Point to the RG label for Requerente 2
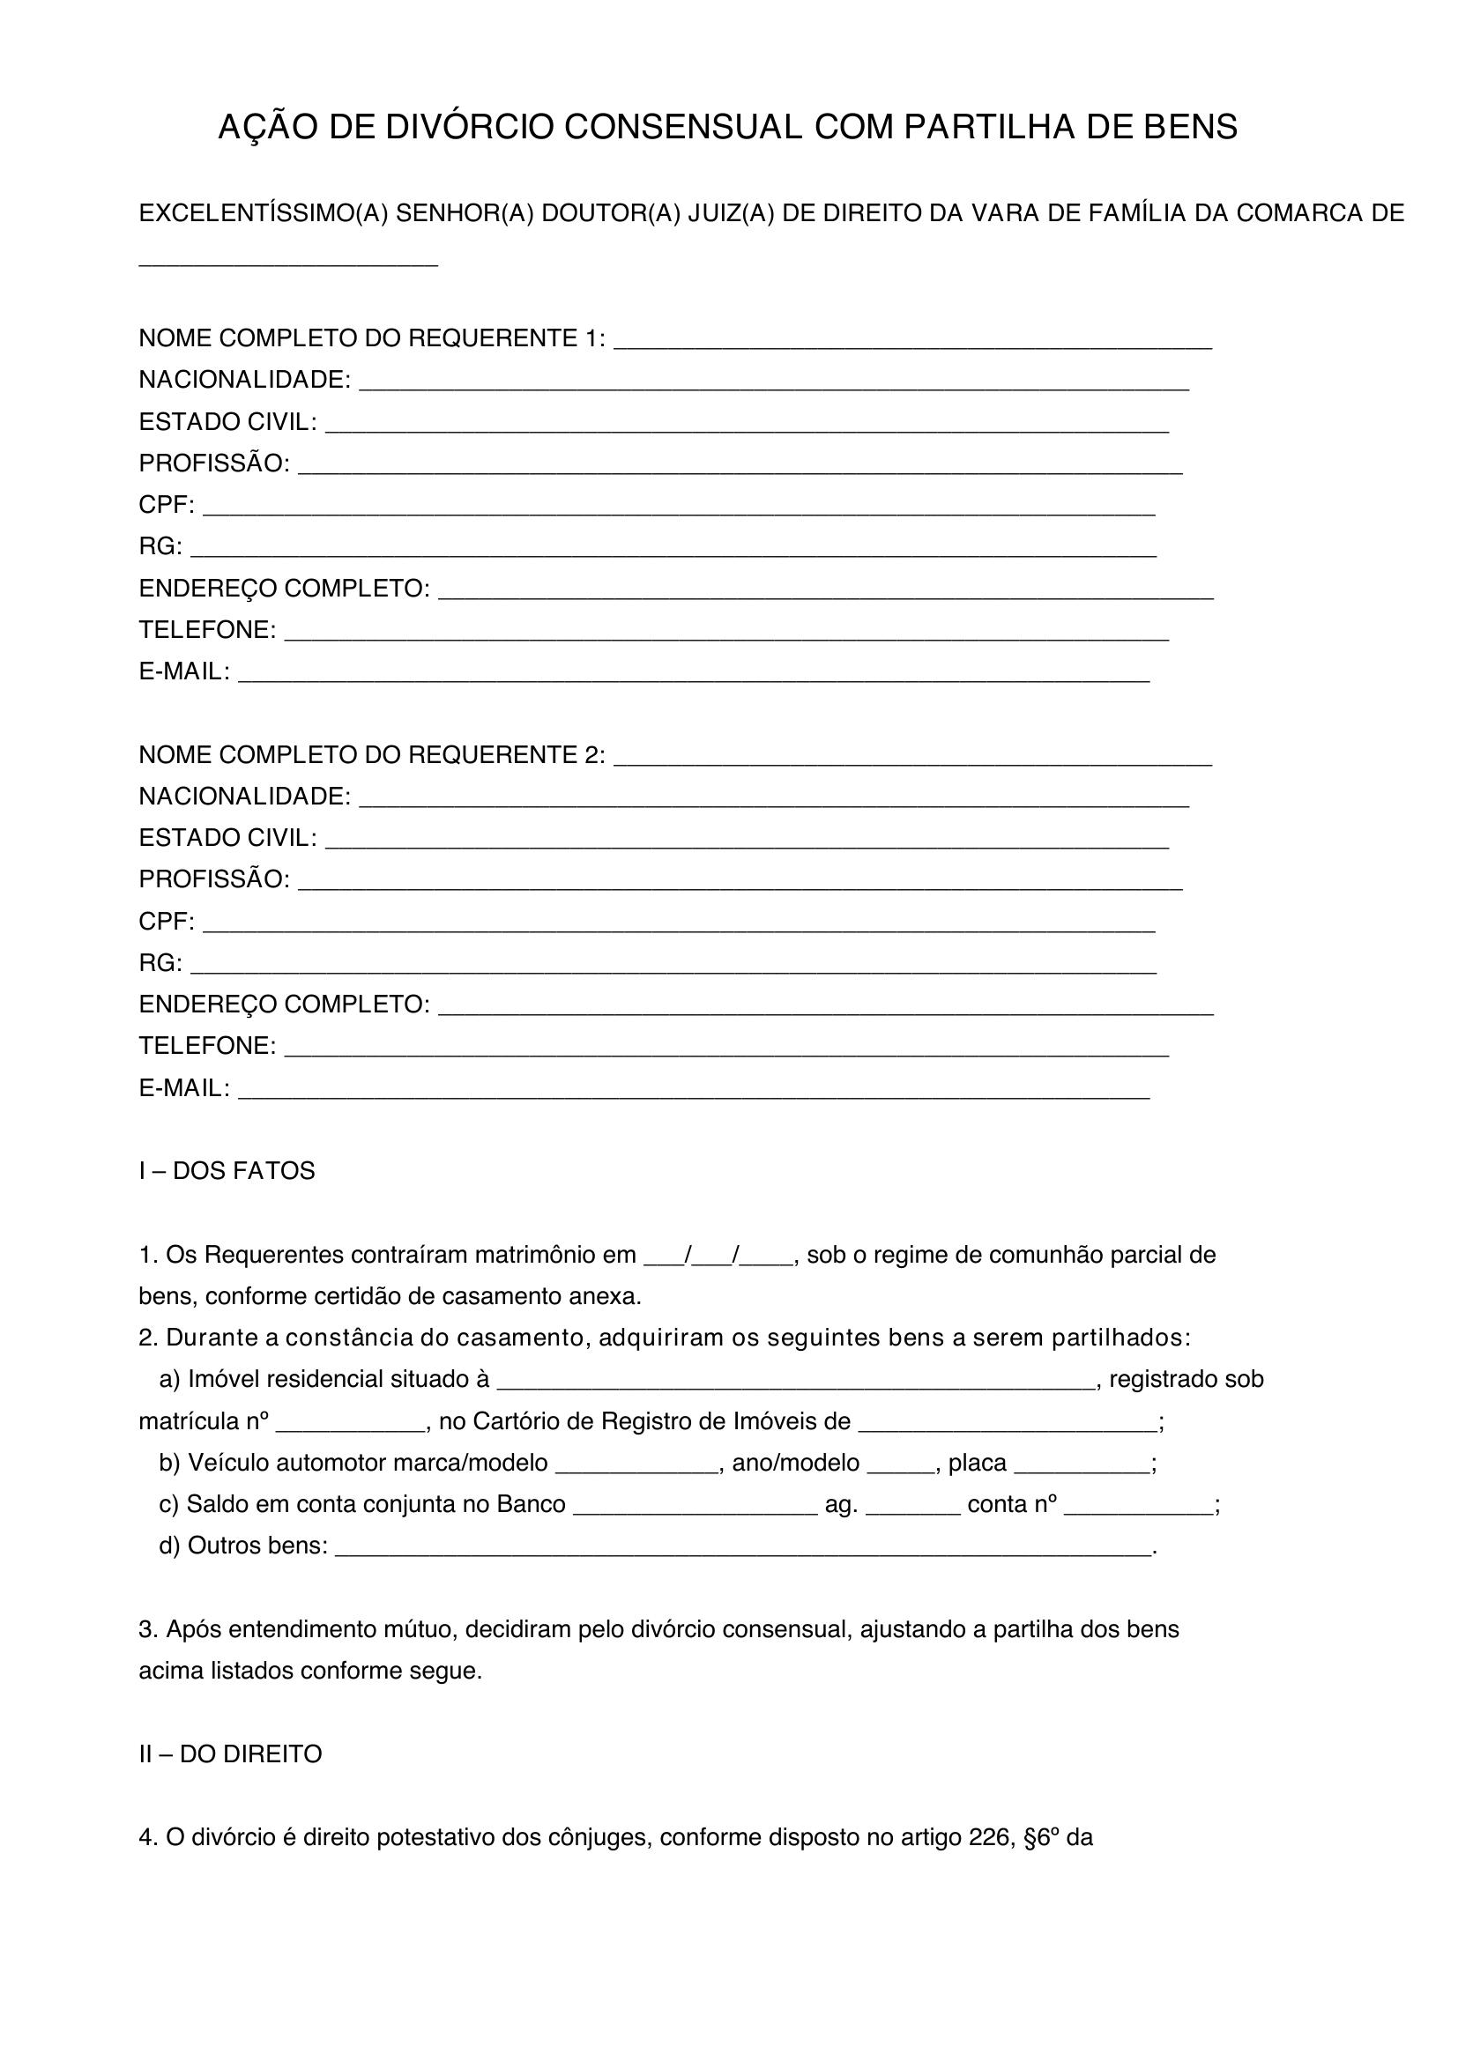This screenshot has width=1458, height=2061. [x=160, y=963]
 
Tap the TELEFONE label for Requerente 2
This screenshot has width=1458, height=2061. [x=206, y=1046]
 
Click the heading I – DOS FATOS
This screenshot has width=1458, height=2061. [x=227, y=1170]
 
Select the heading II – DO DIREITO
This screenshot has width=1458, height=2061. [x=230, y=1754]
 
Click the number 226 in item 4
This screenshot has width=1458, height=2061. [x=990, y=1837]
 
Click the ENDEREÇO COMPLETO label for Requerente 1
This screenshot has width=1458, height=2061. [x=284, y=589]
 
